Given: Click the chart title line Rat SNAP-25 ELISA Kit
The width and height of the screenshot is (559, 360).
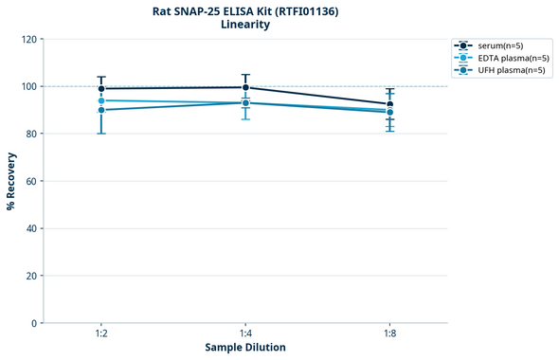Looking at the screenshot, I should click(x=245, y=10).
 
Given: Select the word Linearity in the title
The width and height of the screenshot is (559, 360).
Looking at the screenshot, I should click(x=245, y=25).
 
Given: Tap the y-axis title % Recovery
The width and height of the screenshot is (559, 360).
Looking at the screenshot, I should click(x=11, y=181).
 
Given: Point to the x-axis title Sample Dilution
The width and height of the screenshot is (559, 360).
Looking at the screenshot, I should click(x=245, y=348).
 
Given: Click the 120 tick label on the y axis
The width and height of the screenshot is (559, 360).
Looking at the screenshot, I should click(x=28, y=39).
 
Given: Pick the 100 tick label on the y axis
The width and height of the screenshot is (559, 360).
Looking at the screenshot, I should click(x=28, y=86).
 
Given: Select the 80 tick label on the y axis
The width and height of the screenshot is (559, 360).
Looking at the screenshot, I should click(x=31, y=134).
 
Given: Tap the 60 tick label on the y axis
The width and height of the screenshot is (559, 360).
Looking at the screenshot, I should click(x=31, y=181).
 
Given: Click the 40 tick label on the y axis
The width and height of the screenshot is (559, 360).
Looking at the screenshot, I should click(x=31, y=228).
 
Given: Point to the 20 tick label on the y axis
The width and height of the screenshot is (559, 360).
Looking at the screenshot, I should click(x=31, y=276).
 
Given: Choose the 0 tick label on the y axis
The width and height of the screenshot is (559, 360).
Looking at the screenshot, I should click(x=34, y=323).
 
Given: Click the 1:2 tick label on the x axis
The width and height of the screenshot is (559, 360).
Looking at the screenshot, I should click(x=101, y=334).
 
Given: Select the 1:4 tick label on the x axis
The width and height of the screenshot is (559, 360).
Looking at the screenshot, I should click(x=245, y=334).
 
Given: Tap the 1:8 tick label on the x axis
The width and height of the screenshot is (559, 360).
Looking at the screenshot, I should click(x=390, y=334).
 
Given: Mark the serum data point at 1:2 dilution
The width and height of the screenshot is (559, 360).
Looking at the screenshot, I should click(x=101, y=89).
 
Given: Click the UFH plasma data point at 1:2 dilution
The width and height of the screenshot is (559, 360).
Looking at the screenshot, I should click(x=101, y=110).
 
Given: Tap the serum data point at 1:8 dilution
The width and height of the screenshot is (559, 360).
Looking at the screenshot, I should click(x=390, y=104).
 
